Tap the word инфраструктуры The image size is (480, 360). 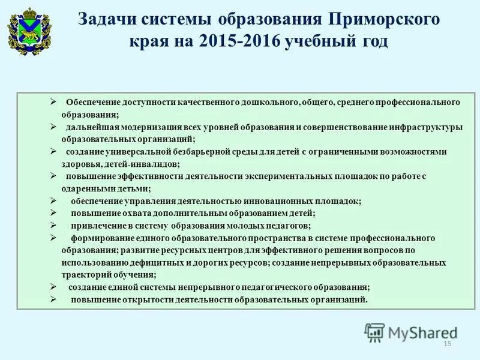(424, 127)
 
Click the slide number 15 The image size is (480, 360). (446, 343)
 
